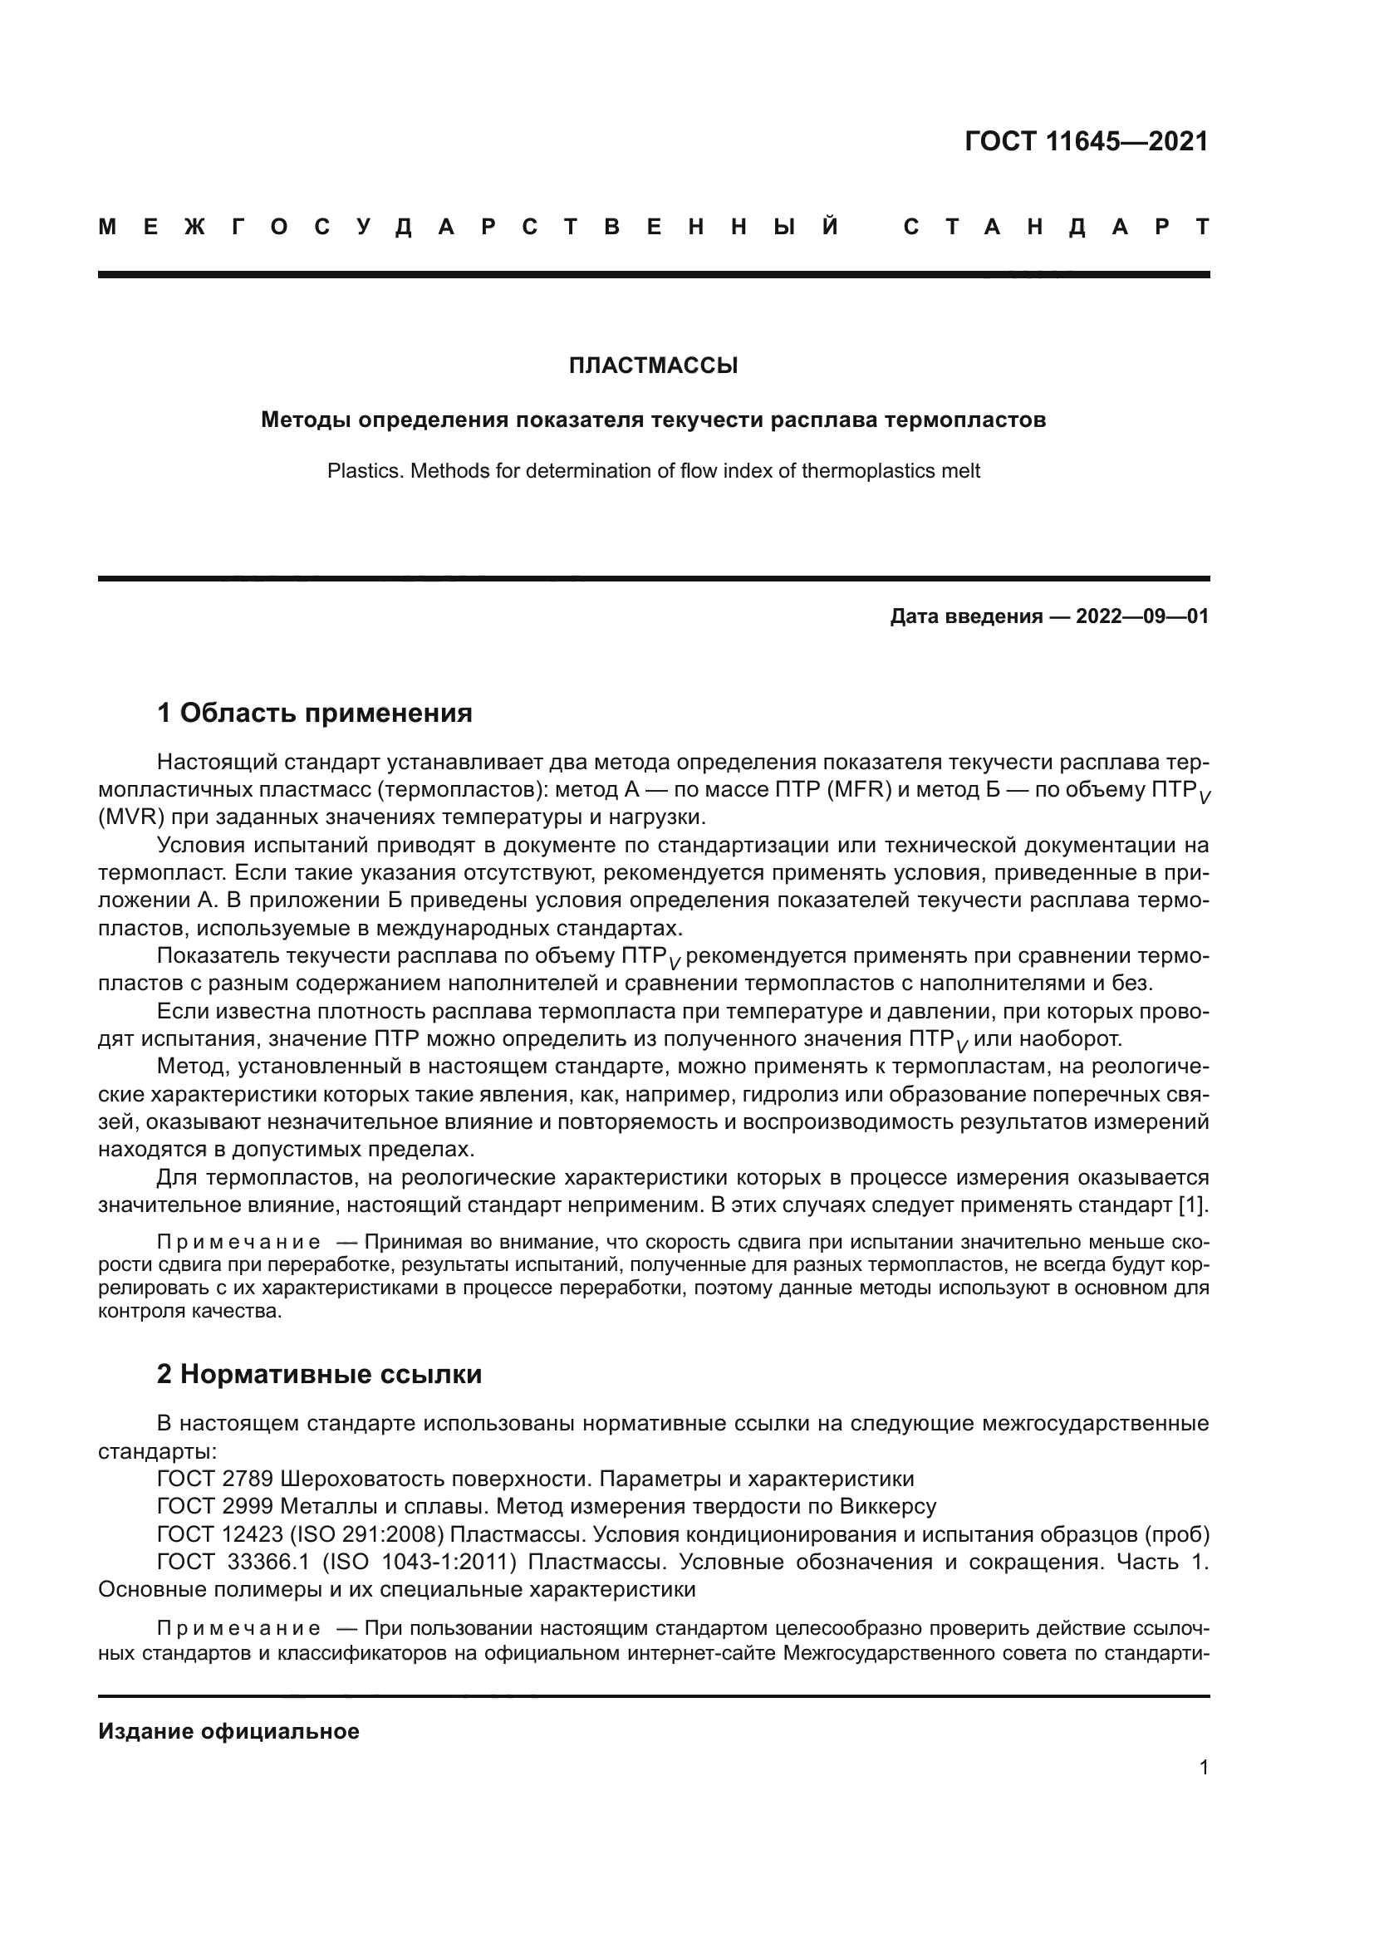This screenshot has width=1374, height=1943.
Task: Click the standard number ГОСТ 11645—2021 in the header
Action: (x=1087, y=141)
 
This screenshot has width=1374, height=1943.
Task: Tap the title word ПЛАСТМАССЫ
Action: (x=653, y=366)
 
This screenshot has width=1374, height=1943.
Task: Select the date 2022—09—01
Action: (x=1142, y=616)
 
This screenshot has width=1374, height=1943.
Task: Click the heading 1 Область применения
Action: (x=315, y=714)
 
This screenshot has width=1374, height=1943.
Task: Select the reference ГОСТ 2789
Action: (x=215, y=1479)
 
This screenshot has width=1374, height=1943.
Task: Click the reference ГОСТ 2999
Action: (x=215, y=1506)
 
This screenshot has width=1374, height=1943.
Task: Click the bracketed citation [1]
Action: (x=1193, y=1205)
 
